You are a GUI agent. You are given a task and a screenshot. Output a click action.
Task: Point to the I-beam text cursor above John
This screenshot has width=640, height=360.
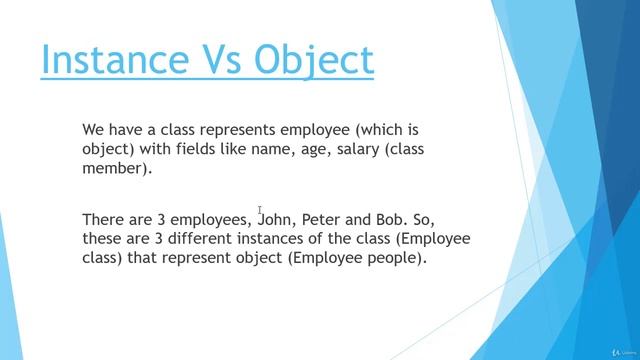point(260,209)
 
